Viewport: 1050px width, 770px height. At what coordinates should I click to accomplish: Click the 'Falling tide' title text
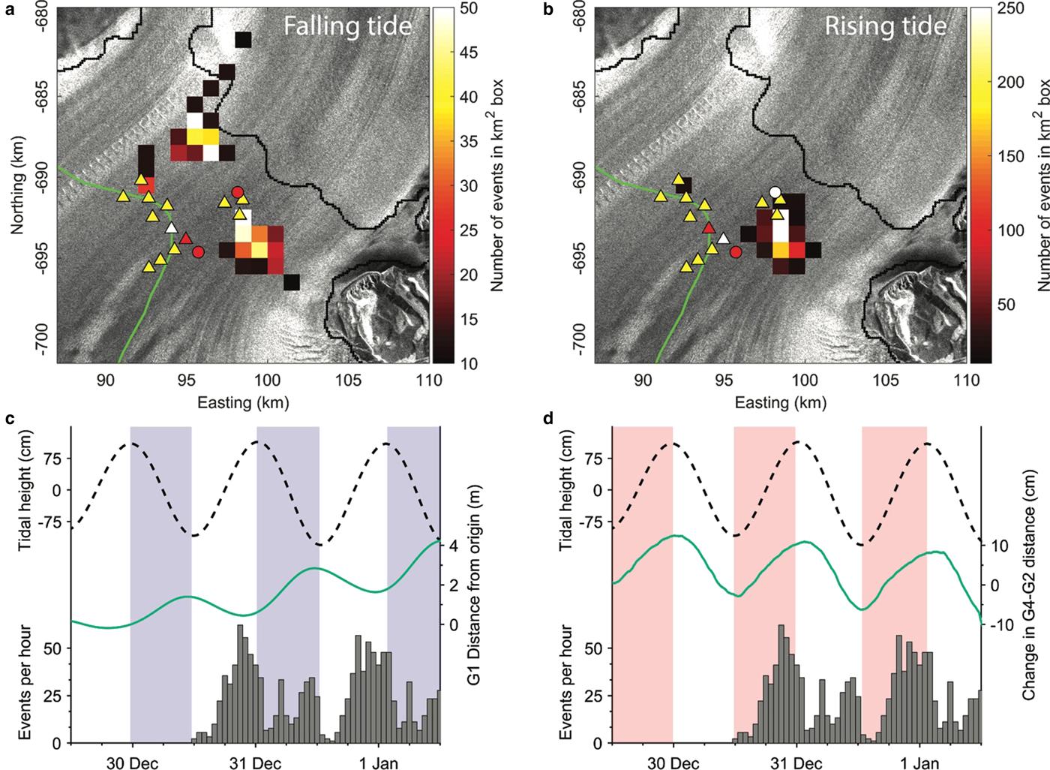347,26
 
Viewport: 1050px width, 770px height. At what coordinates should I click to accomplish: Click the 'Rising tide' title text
885,26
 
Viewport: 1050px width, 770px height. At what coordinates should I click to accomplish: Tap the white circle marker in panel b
775,191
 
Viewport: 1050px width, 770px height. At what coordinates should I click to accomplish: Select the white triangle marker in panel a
172,227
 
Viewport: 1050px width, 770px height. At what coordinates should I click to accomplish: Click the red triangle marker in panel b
709,227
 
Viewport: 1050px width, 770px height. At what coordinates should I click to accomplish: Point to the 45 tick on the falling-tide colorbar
468,53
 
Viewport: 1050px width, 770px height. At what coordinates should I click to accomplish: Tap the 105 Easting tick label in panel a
348,380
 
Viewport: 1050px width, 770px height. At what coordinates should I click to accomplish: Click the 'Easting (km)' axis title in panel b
780,403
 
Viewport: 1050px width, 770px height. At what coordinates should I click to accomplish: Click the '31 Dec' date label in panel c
255,763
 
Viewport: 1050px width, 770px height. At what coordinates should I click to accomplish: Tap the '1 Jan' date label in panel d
919,763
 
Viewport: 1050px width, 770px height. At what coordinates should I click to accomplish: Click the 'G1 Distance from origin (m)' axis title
474,585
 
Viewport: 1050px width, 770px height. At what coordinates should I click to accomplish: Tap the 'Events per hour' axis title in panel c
25,681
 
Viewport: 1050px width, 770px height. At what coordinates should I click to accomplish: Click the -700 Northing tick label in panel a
40,341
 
